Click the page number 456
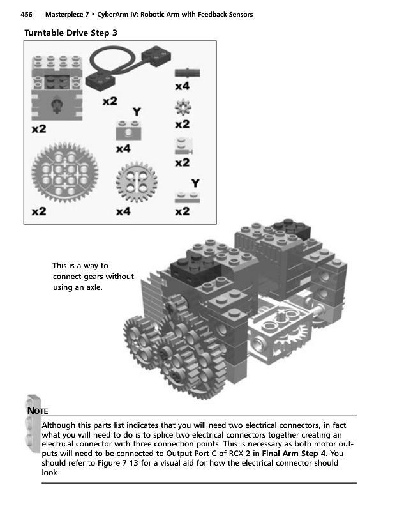[27, 14]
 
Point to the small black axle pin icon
[184, 71]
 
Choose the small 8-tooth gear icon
[183, 106]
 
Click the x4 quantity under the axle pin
[182, 86]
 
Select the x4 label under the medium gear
[124, 211]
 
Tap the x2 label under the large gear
[39, 211]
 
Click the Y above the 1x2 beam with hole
[136, 111]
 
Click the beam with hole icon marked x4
[128, 130]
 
